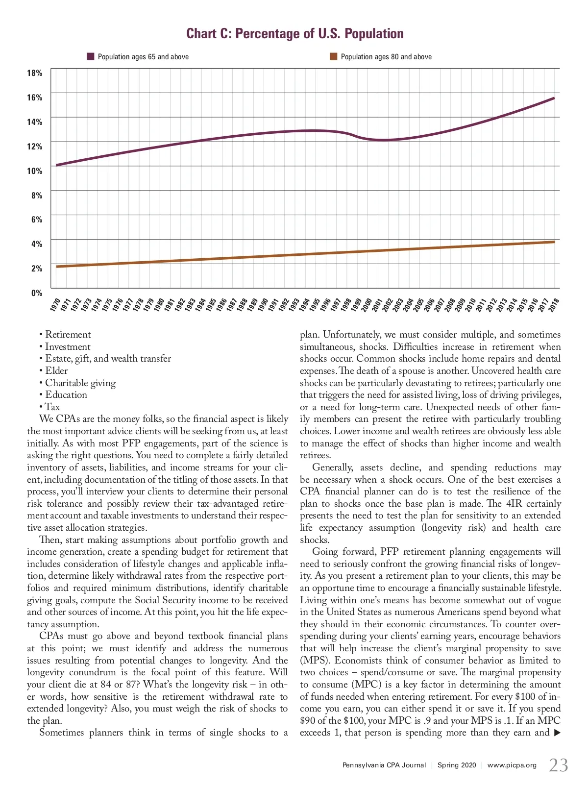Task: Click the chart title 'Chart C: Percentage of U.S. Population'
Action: click(x=295, y=34)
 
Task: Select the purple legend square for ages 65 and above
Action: click(x=90, y=56)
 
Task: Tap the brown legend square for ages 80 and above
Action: click(x=333, y=56)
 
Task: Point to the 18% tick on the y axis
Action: click(x=35, y=73)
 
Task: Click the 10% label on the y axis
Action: click(x=35, y=171)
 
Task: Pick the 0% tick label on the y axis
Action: click(x=37, y=293)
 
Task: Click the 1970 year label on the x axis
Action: click(x=55, y=304)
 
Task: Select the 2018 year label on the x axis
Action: click(x=554, y=304)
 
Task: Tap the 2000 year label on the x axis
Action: click(x=367, y=304)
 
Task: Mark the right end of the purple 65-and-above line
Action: click(x=554, y=98)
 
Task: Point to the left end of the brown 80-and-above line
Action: click(x=57, y=267)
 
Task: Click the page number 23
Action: click(x=558, y=765)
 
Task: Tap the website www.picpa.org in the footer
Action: click(x=512, y=765)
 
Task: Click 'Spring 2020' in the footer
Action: click(x=457, y=765)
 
